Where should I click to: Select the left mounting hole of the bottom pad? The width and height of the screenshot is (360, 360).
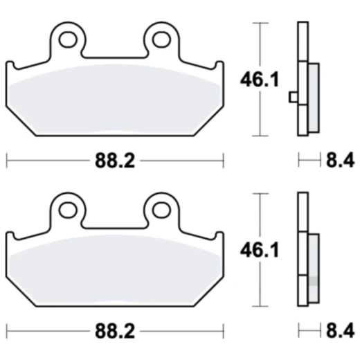pyautogui.click(x=67, y=206)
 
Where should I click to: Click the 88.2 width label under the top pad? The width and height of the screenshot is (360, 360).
pyautogui.click(x=114, y=161)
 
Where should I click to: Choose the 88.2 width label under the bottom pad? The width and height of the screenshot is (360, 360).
pyautogui.click(x=114, y=331)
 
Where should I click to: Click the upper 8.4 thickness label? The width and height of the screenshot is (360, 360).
pyautogui.click(x=339, y=161)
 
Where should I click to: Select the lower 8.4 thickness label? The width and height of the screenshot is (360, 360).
pyautogui.click(x=339, y=331)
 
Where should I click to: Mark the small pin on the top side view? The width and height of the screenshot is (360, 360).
pyautogui.click(x=294, y=96)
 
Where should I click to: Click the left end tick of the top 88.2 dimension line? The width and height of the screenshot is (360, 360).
pyautogui.click(x=7, y=161)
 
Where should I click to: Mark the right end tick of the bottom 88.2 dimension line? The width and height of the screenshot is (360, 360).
pyautogui.click(x=223, y=331)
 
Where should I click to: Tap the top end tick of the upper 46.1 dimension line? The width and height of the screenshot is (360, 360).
pyautogui.click(x=260, y=24)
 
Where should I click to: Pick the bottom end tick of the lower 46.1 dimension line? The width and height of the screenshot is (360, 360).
pyautogui.click(x=260, y=305)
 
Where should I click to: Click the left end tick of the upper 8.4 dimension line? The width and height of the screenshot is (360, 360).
pyautogui.click(x=299, y=161)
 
